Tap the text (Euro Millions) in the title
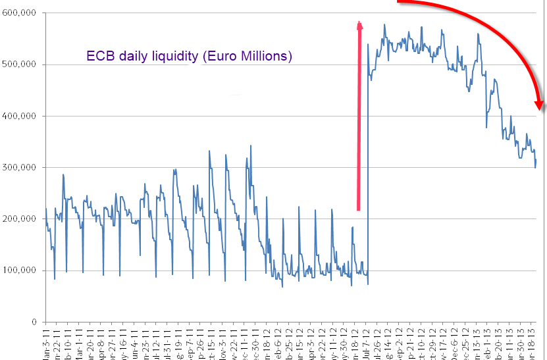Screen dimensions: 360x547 pyautogui.click(x=246, y=57)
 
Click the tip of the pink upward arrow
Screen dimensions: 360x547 pyautogui.click(x=360, y=22)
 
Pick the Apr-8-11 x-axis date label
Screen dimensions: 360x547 pyautogui.click(x=101, y=342)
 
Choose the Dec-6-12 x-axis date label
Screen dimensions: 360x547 pyautogui.click(x=456, y=342)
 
